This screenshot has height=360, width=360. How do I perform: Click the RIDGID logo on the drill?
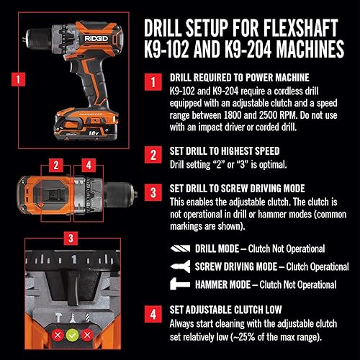(x=96, y=38)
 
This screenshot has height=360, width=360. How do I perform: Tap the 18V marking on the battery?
(x=94, y=132)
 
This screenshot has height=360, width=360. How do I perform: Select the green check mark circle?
(x=73, y=335)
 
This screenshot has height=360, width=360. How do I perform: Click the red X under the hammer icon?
(x=58, y=335)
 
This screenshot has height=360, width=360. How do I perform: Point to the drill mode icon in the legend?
(x=180, y=248)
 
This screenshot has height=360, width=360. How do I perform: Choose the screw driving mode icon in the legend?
(x=180, y=266)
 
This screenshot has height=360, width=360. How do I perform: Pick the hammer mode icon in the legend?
(x=180, y=284)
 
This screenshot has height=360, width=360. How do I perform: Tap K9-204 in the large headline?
(x=248, y=49)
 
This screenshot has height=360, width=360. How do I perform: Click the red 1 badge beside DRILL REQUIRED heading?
(x=153, y=82)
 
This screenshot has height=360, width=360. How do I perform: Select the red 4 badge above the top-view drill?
(x=89, y=166)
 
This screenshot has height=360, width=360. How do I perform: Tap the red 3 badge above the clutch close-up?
(x=71, y=238)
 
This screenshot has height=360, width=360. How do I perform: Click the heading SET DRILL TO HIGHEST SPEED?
(x=225, y=151)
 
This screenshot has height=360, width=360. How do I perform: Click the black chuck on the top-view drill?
(x=120, y=194)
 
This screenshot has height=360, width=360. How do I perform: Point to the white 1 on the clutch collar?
(x=74, y=259)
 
